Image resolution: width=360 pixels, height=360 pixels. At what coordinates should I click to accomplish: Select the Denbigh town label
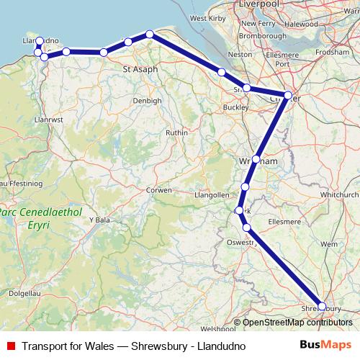click(147, 101)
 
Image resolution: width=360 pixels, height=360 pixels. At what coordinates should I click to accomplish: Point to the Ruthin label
click(176, 132)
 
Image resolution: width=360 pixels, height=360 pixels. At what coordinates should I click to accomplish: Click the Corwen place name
click(158, 190)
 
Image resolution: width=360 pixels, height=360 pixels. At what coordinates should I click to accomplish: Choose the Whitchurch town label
click(341, 194)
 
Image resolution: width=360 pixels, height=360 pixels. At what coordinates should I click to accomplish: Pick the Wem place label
click(329, 245)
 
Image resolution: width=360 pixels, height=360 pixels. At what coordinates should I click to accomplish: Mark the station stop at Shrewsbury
click(322, 306)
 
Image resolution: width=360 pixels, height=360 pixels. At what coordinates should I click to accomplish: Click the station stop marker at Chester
click(288, 95)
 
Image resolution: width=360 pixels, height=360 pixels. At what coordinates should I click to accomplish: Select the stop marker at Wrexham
click(256, 159)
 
